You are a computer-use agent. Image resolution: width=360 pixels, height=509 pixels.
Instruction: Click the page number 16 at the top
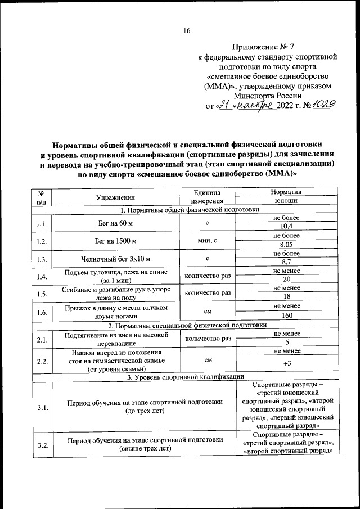pos(186,31)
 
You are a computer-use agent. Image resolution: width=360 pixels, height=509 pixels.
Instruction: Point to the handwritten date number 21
pos(226,105)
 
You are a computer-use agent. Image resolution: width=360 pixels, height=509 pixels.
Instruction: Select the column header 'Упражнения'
pos(115,197)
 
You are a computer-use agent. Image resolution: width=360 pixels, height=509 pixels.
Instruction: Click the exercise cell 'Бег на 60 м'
pos(115,222)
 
